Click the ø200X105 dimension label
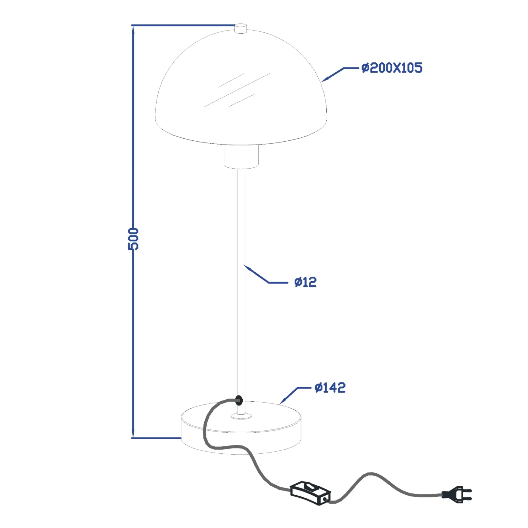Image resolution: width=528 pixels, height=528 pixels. pos(392,68)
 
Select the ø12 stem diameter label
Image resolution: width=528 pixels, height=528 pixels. pos(305,282)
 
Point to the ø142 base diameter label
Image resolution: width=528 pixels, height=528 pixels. pos(330,388)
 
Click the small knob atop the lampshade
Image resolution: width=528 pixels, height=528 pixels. pos(241,28)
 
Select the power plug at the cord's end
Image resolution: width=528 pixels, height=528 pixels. pos(457,494)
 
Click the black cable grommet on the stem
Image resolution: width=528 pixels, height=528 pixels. pos(239,400)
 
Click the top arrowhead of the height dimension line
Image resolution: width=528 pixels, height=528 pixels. pos(133,30)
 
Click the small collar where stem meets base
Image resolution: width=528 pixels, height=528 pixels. pos(241,416)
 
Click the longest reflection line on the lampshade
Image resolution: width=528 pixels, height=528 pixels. pos(237,90)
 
